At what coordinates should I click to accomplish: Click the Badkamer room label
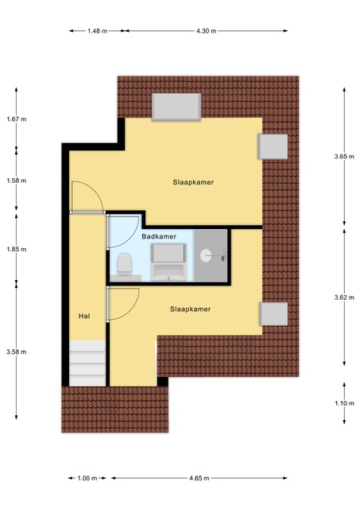click(159, 237)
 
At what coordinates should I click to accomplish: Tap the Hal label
click(84, 316)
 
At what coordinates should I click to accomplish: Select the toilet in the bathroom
click(125, 263)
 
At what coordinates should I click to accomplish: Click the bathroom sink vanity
click(168, 262)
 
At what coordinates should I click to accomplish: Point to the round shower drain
click(207, 255)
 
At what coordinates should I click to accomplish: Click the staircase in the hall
click(87, 363)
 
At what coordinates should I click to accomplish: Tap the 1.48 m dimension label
click(97, 31)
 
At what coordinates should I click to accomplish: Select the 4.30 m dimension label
click(206, 31)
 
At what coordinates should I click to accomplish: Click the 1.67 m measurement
click(17, 119)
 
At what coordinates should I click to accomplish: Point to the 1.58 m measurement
click(17, 181)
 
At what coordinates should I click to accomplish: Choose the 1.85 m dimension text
click(17, 249)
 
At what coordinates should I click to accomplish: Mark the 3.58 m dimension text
click(17, 352)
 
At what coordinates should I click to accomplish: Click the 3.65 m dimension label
click(344, 157)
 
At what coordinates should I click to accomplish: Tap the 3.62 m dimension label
click(344, 297)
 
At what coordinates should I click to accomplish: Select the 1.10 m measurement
click(344, 403)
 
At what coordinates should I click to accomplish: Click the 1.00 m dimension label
click(87, 478)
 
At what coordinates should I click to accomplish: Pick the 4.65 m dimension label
click(199, 478)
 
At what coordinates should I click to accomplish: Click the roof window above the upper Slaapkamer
click(176, 107)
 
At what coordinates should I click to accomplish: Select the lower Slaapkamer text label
click(191, 309)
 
